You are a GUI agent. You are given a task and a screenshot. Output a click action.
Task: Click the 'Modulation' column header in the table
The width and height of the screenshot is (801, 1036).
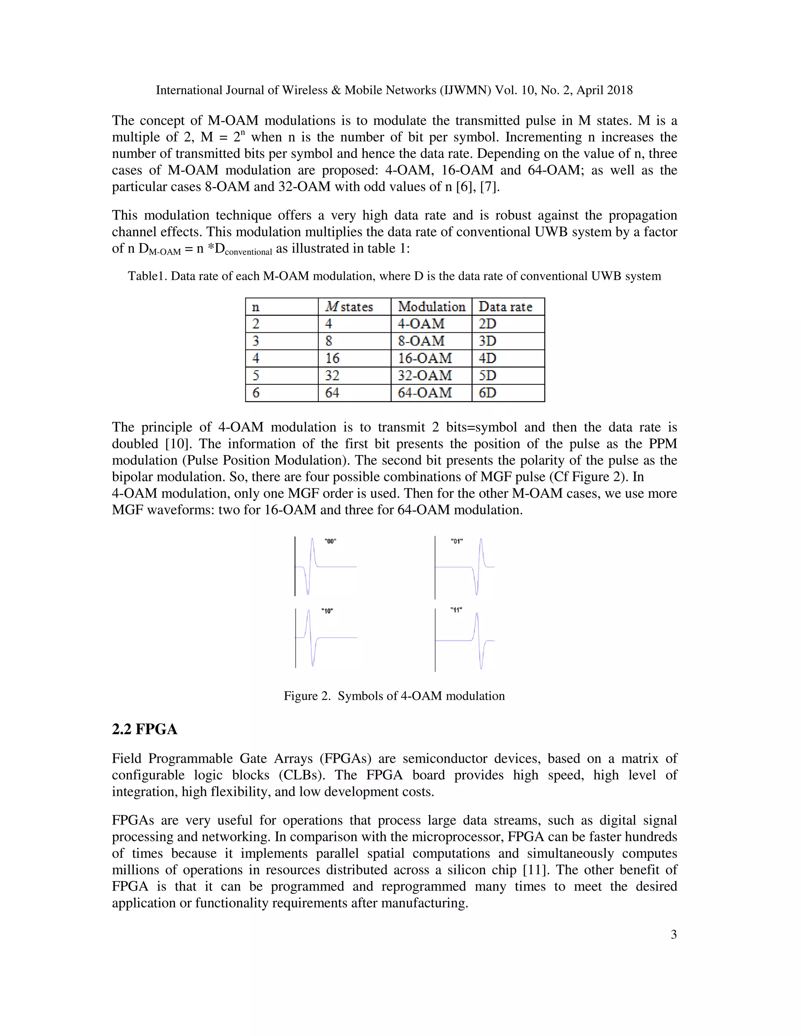coord(431,306)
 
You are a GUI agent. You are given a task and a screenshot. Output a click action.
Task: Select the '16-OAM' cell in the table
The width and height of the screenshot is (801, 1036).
coord(424,358)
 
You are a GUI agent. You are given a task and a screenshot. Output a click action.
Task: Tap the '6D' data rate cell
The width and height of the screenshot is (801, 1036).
coord(487,393)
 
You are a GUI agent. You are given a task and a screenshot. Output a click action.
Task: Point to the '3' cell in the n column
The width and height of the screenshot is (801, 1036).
coord(256,341)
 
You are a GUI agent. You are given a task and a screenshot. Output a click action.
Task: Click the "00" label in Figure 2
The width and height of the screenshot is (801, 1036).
coord(330,541)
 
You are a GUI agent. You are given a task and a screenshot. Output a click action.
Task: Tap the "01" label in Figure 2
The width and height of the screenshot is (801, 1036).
coord(456,541)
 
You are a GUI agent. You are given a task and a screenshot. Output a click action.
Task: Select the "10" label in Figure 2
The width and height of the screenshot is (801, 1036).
coord(327,611)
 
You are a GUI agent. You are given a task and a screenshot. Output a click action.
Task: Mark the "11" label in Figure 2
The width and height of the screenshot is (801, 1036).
coord(456,610)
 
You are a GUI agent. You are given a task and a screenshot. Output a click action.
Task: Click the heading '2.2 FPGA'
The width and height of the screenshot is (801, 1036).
coord(144,729)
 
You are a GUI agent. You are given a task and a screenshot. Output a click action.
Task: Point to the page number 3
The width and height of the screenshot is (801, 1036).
coord(673,934)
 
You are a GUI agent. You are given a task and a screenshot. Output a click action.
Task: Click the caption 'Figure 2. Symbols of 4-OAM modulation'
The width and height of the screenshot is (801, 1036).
coord(394,696)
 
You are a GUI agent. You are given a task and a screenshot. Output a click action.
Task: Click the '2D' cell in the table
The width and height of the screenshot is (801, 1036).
coord(487,324)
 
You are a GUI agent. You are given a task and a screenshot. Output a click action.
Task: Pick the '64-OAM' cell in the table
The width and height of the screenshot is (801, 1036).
coord(424,393)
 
